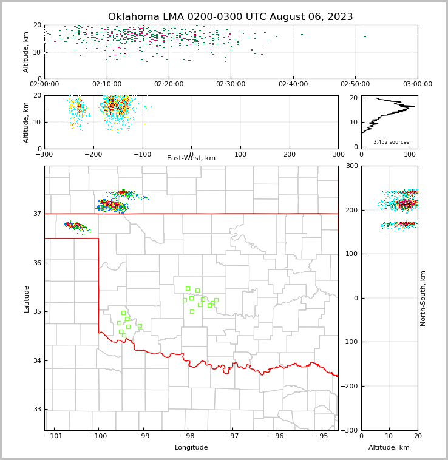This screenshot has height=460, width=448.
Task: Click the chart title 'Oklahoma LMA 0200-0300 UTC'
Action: click(x=230, y=17)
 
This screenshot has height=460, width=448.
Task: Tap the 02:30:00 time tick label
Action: click(x=231, y=84)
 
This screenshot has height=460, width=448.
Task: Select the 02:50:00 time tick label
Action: click(x=355, y=84)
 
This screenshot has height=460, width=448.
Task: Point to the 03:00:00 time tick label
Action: click(x=417, y=84)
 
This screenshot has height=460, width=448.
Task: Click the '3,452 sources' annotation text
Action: click(x=391, y=142)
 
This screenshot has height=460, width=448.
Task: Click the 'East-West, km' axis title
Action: click(x=191, y=158)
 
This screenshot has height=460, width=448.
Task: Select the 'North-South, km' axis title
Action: click(x=423, y=298)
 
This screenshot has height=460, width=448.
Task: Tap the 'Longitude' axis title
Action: click(x=191, y=448)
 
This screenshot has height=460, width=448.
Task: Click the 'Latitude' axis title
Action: click(x=26, y=299)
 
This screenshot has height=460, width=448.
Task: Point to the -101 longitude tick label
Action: click(x=54, y=436)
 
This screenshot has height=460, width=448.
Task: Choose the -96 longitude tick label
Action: click(x=277, y=436)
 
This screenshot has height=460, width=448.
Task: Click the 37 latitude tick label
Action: click(x=36, y=214)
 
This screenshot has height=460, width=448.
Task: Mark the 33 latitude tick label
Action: click(x=36, y=410)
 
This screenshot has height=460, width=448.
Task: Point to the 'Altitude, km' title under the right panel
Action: click(x=389, y=448)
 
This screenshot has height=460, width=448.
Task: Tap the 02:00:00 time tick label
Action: click(x=44, y=84)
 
